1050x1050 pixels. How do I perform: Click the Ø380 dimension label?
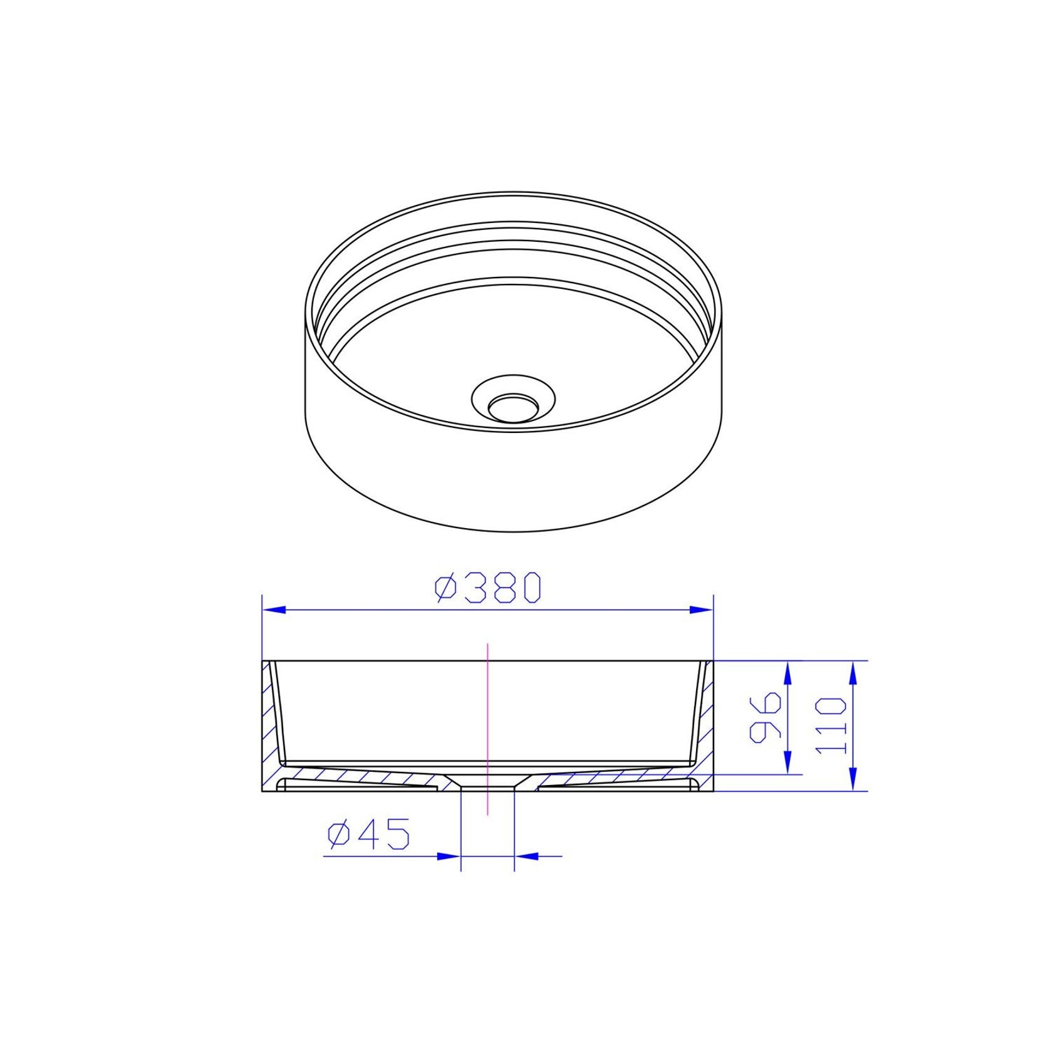point(487,588)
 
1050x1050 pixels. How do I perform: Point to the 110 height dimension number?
point(832,727)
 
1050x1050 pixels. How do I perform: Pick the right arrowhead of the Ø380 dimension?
point(701,609)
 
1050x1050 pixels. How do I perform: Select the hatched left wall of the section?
point(270,727)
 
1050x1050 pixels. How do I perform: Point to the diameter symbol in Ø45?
point(338,834)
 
